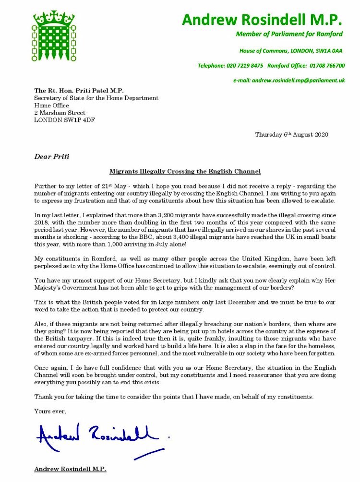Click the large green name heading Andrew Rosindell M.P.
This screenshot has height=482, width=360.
[262, 20]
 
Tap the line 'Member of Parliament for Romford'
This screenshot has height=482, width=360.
[289, 34]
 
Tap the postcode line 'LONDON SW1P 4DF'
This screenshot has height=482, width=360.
[64, 120]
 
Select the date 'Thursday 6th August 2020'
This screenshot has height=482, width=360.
[291, 135]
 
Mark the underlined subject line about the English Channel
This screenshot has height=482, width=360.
[185, 171]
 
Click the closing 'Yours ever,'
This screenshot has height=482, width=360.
[50, 411]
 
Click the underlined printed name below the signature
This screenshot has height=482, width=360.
[70, 469]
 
